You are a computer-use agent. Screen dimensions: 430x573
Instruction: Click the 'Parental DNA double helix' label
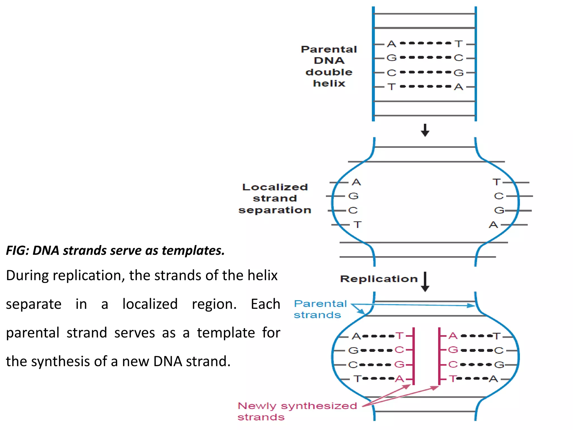click(x=329, y=66)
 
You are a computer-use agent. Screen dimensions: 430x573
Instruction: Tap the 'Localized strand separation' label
click(x=275, y=198)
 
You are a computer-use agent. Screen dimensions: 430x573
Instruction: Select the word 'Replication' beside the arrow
click(x=379, y=279)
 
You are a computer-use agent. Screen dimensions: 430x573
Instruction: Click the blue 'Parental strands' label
click(x=320, y=309)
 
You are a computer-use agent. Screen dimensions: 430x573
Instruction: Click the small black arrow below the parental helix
click(x=425, y=130)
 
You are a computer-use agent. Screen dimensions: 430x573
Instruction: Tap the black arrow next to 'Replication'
click(x=425, y=282)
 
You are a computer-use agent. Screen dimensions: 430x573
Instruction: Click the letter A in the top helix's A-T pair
click(x=392, y=44)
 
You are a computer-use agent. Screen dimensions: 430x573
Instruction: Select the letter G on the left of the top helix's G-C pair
click(x=391, y=58)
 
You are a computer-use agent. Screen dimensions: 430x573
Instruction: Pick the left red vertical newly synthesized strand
click(x=414, y=356)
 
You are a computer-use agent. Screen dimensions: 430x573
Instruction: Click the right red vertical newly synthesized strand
click(x=439, y=356)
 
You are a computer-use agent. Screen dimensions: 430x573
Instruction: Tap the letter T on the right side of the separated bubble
click(x=497, y=182)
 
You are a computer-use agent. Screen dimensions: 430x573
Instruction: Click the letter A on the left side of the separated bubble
click(x=356, y=182)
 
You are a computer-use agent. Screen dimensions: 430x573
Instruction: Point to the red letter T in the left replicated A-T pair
click(x=399, y=336)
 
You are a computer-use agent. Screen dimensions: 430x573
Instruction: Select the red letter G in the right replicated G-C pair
click(x=453, y=350)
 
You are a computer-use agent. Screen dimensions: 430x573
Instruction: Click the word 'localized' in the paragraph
click(x=150, y=304)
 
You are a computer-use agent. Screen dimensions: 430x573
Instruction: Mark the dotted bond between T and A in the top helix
click(x=425, y=87)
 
